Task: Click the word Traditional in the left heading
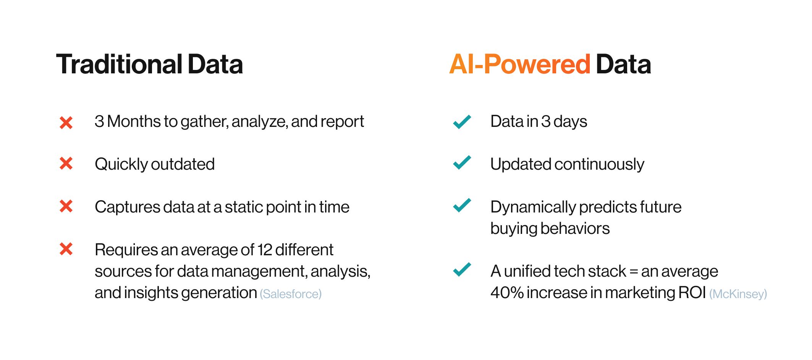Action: coord(120,64)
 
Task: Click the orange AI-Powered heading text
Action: coord(520,64)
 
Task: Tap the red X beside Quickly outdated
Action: coord(66,163)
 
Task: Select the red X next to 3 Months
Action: coord(66,123)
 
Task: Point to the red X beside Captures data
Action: coord(66,206)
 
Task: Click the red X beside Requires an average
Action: coord(66,249)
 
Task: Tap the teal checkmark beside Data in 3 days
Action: coord(462,122)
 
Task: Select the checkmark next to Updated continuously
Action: coord(462,162)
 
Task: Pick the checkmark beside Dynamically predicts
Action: coord(462,205)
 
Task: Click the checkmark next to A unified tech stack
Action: coord(462,269)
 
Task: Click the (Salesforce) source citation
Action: coord(291,294)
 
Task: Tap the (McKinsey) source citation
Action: coord(738,294)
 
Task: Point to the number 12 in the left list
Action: coord(265,250)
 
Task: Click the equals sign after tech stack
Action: coord(634,271)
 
